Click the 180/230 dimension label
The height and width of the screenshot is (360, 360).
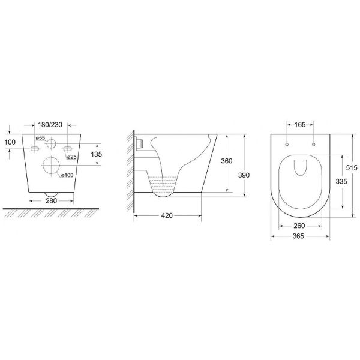coord(50,125)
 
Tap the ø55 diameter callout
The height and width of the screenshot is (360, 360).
coord(40,138)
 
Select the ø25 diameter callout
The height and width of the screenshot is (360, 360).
coord(71,157)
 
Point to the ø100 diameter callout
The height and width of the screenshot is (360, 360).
coord(67,175)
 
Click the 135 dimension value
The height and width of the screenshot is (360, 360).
coord(96,154)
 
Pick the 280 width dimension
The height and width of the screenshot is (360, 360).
coord(51,201)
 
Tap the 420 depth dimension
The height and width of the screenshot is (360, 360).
coord(167,216)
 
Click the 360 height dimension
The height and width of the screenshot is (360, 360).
coord(227,161)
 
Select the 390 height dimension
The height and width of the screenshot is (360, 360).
coord(244,175)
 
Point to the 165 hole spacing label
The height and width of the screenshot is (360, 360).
coord(300,125)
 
